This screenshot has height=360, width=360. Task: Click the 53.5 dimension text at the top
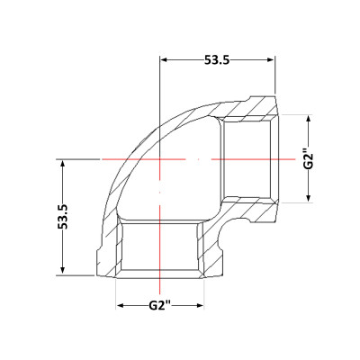click(x=217, y=61)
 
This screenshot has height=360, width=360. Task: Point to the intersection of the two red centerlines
click(x=160, y=159)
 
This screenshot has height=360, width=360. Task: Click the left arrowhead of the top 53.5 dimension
click(x=165, y=61)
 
